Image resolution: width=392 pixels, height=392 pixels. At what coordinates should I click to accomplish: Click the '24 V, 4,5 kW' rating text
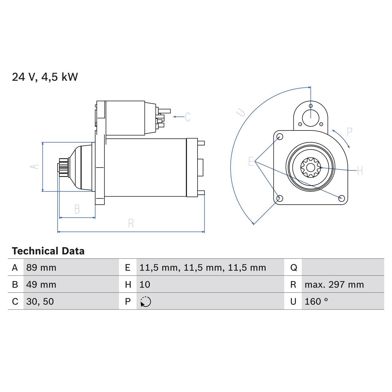click(45, 77)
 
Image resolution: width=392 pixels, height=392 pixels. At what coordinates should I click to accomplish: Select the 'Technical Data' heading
click(48, 251)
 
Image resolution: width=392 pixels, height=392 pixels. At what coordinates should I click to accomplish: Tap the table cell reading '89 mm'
click(41, 268)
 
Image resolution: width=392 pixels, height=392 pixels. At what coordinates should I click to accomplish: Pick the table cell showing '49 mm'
click(41, 285)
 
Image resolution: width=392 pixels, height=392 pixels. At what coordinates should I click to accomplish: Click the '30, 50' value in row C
click(40, 302)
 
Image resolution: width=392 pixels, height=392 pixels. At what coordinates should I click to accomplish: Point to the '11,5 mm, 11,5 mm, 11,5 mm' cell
click(202, 268)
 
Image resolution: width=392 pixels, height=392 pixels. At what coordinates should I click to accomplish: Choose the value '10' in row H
click(145, 285)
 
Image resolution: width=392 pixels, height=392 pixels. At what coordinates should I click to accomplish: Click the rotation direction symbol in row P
click(145, 302)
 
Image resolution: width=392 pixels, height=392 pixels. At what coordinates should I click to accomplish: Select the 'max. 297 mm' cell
click(334, 285)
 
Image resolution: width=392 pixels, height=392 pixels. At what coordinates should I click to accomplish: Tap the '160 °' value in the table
click(316, 302)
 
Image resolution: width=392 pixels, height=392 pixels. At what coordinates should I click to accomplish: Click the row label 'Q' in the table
click(293, 268)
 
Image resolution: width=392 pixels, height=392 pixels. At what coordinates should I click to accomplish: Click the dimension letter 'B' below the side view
click(77, 209)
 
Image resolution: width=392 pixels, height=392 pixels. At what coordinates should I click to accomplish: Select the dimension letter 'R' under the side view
click(131, 224)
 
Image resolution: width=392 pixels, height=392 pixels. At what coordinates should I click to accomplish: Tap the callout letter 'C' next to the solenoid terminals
click(188, 117)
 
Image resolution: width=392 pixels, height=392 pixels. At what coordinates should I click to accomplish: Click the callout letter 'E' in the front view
click(251, 161)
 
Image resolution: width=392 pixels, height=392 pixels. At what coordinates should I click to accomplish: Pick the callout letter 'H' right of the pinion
click(360, 171)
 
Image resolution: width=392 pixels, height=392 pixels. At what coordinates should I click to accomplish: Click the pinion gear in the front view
click(310, 167)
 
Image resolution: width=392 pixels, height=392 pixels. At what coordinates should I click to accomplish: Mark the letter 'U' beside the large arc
click(242, 112)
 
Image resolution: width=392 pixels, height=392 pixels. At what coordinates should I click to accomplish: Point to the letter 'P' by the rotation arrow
click(349, 132)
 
